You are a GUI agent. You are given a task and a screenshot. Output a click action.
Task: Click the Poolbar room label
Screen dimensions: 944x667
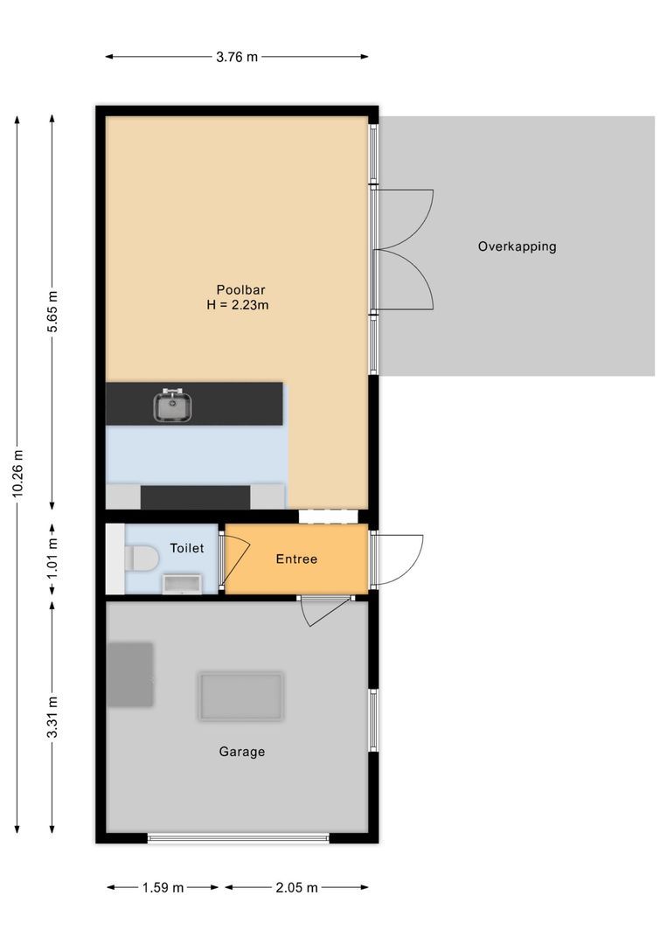(240, 290)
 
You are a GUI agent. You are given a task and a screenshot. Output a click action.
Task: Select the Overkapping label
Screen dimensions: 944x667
(517, 246)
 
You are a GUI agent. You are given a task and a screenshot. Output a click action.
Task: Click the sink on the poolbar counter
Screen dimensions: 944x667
(174, 406)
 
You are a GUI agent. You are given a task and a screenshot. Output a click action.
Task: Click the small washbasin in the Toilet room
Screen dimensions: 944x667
(182, 584)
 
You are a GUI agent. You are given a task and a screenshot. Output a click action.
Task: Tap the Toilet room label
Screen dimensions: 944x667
(186, 548)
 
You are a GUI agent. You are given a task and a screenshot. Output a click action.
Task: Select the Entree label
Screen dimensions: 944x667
(296, 559)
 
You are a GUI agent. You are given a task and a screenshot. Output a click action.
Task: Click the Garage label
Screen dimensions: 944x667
(241, 752)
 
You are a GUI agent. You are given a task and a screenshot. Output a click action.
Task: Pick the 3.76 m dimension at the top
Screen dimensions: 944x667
(237, 57)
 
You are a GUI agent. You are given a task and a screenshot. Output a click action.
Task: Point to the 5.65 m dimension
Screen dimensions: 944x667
(52, 310)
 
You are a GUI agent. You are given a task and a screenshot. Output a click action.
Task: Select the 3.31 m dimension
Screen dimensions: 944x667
(52, 717)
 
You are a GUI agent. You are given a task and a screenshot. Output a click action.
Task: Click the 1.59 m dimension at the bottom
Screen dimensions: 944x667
(163, 887)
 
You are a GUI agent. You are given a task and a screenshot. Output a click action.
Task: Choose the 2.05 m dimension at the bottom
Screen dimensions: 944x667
(296, 887)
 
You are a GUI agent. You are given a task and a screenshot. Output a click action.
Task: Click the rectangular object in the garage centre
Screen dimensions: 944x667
(240, 696)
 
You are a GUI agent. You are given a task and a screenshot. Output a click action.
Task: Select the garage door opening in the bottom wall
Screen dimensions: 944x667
(238, 838)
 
